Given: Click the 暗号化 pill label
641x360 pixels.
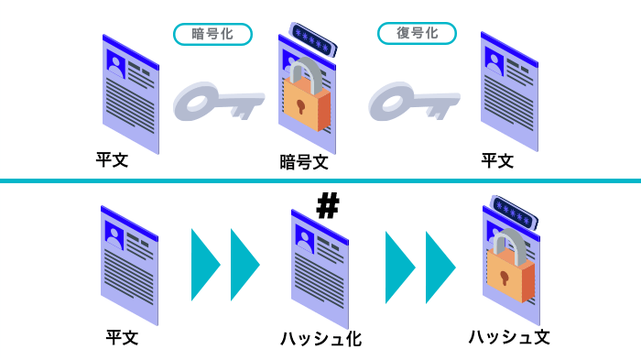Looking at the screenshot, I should pyautogui.click(x=212, y=34).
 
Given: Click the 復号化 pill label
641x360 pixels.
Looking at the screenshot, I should pyautogui.click(x=417, y=34).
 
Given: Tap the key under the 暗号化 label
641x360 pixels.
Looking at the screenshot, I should pyautogui.click(x=216, y=100).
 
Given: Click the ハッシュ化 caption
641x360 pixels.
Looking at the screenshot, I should pyautogui.click(x=320, y=339).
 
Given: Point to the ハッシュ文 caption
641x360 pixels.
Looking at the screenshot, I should pyautogui.click(x=509, y=336).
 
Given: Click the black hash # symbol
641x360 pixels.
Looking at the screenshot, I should pyautogui.click(x=327, y=205).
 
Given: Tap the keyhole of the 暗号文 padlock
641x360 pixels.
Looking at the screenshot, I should pyautogui.click(x=300, y=106).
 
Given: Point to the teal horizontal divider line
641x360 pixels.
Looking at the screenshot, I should pyautogui.click(x=320, y=180).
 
